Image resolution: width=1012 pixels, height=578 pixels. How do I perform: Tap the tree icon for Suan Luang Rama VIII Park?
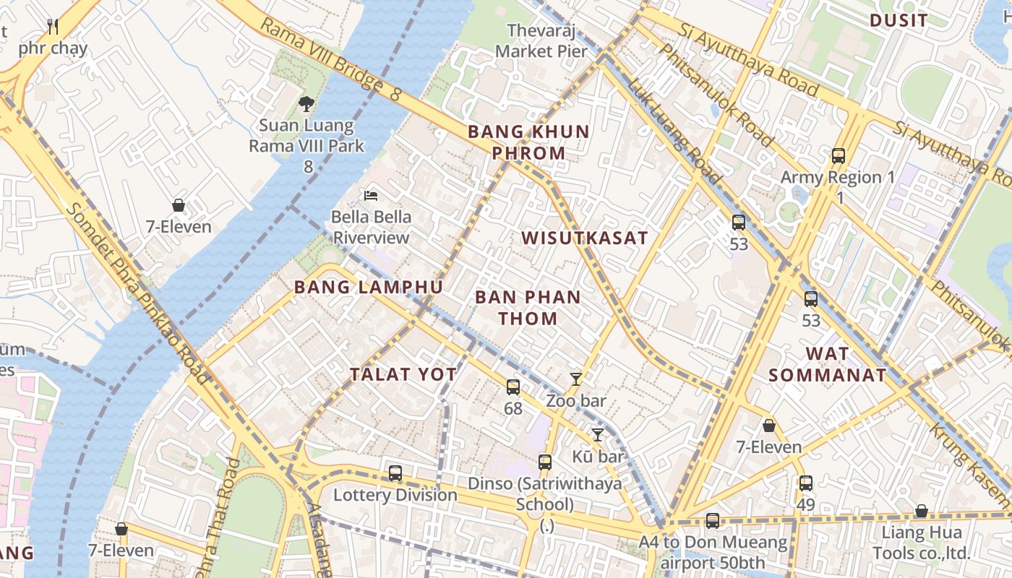point(306,104)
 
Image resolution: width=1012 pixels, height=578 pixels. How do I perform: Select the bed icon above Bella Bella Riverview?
point(371,195)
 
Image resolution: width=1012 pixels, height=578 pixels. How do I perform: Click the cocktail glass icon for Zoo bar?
point(576,379)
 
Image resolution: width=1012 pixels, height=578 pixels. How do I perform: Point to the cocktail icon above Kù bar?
point(597,434)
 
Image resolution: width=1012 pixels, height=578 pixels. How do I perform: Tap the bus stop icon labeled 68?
point(513,387)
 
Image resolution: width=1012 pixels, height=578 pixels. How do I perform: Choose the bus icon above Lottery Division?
point(395,473)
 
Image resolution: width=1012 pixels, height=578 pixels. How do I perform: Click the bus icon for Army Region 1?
point(838,155)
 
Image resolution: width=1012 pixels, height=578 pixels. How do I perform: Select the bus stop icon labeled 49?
point(805,483)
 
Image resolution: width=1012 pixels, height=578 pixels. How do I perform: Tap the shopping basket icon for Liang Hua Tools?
point(921,512)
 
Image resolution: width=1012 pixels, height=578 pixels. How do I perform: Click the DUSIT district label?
point(899,20)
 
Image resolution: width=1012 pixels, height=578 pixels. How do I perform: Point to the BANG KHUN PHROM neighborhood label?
point(528,142)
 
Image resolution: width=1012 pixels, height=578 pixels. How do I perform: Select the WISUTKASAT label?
point(584,238)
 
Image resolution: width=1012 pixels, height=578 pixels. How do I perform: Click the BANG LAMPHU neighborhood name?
point(368,287)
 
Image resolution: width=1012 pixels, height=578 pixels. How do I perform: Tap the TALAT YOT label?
point(403,374)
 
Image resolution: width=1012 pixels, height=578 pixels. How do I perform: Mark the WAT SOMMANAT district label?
point(827,364)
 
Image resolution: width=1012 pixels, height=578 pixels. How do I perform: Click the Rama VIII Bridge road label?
point(330,59)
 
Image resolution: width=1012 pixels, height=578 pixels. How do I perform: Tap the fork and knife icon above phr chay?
point(52,27)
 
